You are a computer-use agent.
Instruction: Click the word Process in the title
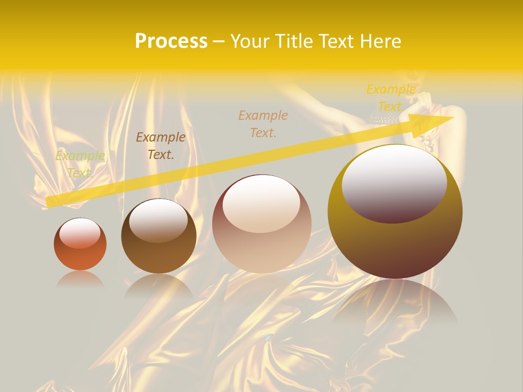coord(171,41)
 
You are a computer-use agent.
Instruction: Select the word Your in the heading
coord(250,41)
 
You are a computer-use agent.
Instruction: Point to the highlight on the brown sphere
coord(159,219)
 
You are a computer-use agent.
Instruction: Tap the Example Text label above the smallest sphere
coord(80,164)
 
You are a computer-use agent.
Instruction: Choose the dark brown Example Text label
coord(161,146)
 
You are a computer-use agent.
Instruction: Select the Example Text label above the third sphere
coord(263,124)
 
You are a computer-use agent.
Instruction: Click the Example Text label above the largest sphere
coord(391,97)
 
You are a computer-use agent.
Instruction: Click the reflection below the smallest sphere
coord(80,279)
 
